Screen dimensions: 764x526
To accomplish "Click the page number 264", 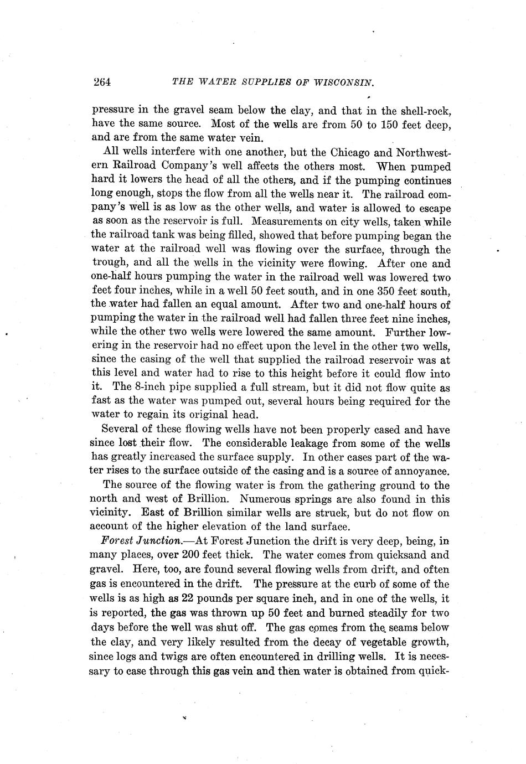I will coord(102,82).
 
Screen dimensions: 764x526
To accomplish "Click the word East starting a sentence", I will coord(155,513).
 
